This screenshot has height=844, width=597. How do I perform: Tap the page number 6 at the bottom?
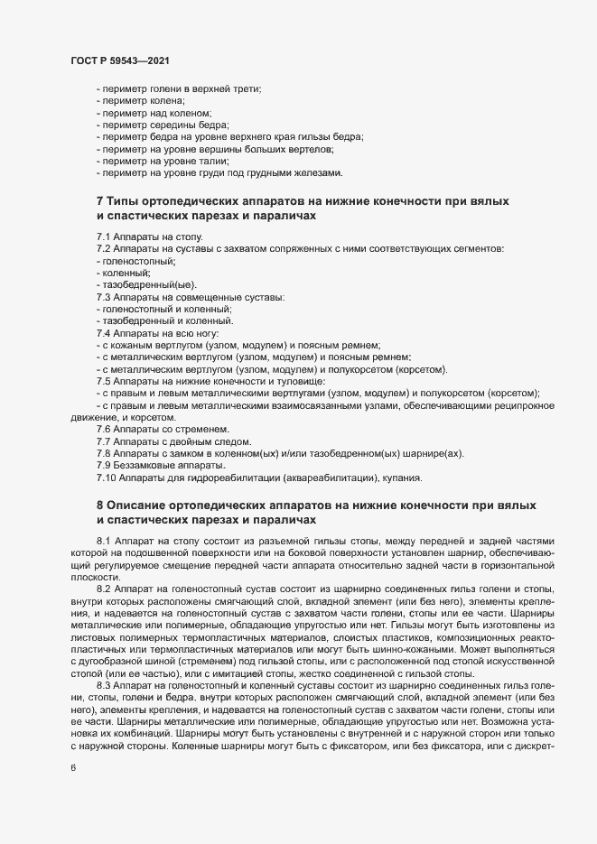tap(73, 768)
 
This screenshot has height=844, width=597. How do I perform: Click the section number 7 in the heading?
tap(99, 200)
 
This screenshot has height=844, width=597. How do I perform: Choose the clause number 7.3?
tap(103, 296)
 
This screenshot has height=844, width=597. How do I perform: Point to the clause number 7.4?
tap(103, 332)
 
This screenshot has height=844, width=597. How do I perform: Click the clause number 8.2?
tap(103, 587)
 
